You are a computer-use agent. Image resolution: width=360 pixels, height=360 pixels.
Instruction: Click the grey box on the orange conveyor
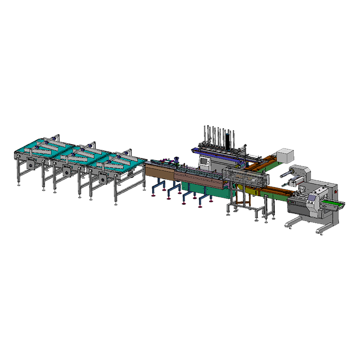point(284,155)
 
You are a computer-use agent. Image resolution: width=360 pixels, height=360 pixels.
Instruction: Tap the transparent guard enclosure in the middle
point(245,178)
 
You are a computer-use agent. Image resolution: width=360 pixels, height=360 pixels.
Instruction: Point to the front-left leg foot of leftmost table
point(19,184)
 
